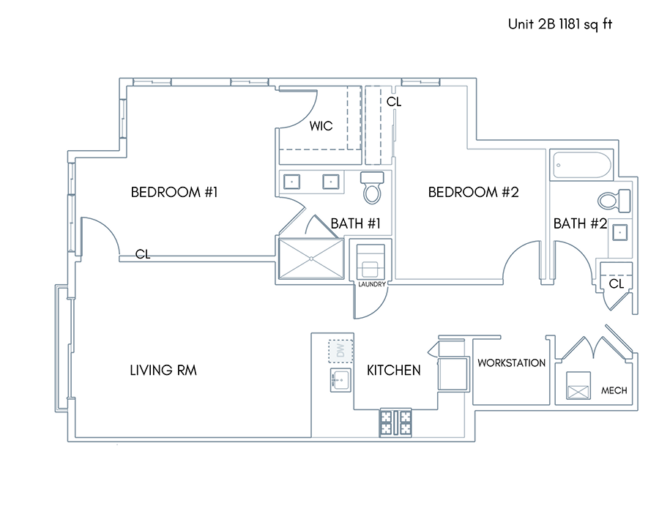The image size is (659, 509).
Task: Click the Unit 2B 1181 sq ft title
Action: click(560, 24)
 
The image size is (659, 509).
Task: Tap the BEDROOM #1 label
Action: click(174, 192)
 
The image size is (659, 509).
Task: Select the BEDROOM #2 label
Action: click(473, 192)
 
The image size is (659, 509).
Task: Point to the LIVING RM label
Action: click(163, 370)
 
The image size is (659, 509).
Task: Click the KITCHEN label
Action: click(393, 370)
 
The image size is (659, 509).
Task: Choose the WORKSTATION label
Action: click(512, 363)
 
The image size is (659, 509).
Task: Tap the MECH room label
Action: click(614, 390)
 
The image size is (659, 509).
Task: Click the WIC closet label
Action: click(321, 126)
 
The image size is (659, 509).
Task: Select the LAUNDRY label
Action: click(372, 284)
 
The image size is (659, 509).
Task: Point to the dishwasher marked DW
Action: click(340, 351)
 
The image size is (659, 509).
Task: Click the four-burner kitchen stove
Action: click(395, 423)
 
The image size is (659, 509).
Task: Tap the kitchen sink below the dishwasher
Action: click(340, 380)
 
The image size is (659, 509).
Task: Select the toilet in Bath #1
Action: click(372, 187)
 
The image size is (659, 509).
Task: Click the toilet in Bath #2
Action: click(614, 201)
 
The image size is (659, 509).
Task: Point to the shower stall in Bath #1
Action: click(311, 259)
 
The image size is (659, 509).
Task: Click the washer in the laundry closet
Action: click(371, 261)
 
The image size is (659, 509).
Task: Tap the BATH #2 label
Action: click(580, 223)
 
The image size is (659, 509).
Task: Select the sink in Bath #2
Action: click(619, 232)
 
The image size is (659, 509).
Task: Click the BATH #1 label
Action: click(356, 223)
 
